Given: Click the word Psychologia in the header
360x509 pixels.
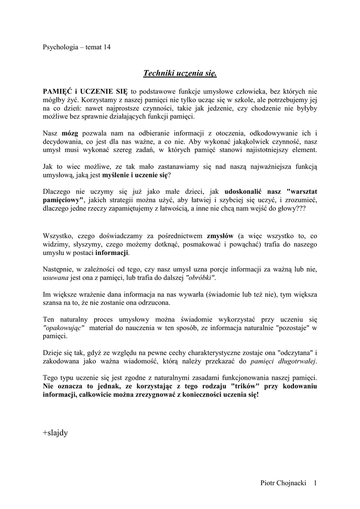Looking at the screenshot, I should pyautogui.click(x=60, y=47).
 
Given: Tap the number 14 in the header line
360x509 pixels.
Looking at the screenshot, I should pyautogui.click(x=106, y=47).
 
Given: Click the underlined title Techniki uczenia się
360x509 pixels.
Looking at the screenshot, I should pyautogui.click(x=180, y=74).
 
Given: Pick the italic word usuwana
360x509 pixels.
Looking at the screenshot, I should pyautogui.click(x=57, y=278).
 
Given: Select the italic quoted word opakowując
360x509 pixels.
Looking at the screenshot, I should pyautogui.click(x=64, y=328).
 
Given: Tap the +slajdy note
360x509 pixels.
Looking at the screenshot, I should pyautogui.click(x=55, y=432).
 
